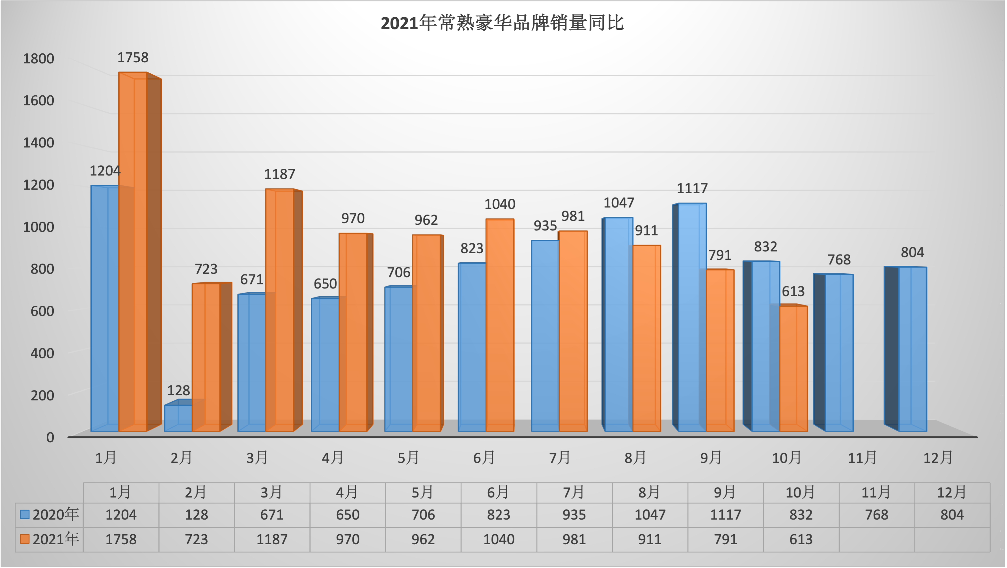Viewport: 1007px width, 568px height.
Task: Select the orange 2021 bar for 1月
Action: point(133,250)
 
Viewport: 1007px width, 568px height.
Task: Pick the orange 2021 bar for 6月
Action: point(500,325)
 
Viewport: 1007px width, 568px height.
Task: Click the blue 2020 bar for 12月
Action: point(912,348)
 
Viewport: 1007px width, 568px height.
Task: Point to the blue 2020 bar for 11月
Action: point(839,352)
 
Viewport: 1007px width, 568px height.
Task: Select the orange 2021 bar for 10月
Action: point(793,368)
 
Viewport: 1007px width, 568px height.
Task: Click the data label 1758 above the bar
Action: point(133,57)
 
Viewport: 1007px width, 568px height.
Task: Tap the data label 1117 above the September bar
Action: point(692,188)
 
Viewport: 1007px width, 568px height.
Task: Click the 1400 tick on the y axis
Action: point(38,143)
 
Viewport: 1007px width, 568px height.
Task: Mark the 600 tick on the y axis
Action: point(42,311)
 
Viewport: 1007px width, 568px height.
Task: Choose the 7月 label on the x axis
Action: point(559,457)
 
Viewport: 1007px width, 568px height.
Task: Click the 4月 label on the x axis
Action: point(333,457)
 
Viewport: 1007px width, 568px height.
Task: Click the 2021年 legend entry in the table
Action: point(50,539)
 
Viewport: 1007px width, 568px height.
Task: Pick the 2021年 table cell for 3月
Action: point(272,539)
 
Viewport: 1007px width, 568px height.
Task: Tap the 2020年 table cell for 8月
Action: point(650,515)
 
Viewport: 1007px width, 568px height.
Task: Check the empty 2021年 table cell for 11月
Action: point(876,539)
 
